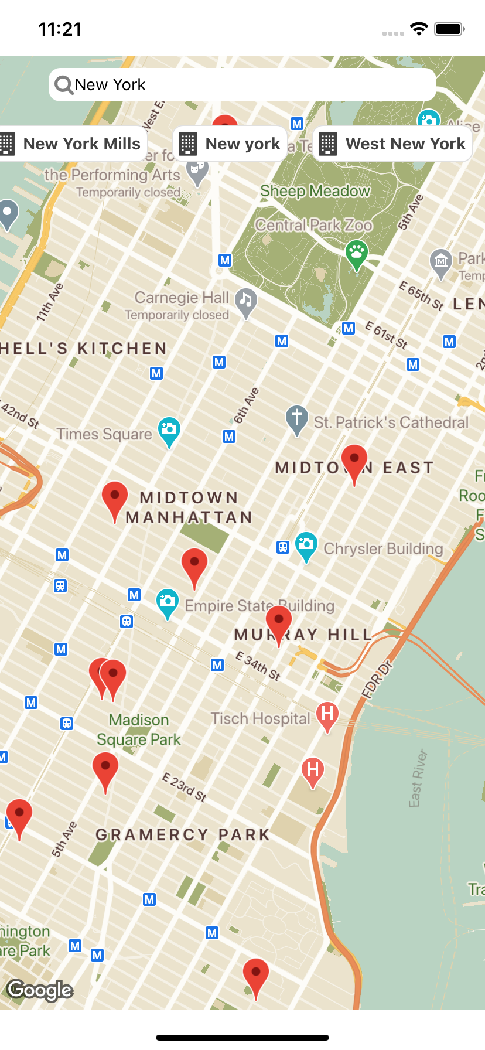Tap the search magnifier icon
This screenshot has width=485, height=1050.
(x=63, y=85)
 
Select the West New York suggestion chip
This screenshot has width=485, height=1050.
(x=393, y=144)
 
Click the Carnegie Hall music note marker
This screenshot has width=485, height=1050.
(x=246, y=301)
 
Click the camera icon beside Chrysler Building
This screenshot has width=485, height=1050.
(x=306, y=545)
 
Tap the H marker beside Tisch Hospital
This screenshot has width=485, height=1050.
(x=327, y=714)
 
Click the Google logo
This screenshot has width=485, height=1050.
(x=40, y=990)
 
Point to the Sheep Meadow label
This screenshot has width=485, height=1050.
(x=315, y=191)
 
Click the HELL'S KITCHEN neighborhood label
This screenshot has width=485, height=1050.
(x=84, y=348)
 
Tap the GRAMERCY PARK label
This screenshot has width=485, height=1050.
(x=183, y=834)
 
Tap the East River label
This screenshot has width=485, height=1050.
(x=418, y=778)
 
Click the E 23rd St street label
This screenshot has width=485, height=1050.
(x=185, y=787)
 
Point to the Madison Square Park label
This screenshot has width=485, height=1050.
(x=139, y=729)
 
